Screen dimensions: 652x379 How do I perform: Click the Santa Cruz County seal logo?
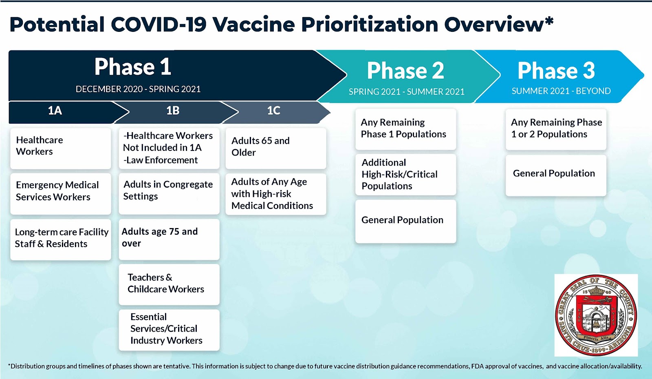coord(596,315)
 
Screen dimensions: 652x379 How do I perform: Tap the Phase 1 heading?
coord(133,67)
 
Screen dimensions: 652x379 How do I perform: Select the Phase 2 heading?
coord(405,71)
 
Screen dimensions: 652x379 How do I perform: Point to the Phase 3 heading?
coord(556,71)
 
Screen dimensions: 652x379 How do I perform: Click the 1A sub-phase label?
coord(55,111)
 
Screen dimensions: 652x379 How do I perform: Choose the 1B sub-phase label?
coord(173,111)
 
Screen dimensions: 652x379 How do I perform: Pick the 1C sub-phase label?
coord(273,111)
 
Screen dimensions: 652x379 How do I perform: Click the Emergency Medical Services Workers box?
coord(61,194)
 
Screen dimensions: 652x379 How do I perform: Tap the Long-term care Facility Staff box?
coord(61,239)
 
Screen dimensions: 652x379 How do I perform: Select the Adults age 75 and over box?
coord(169,239)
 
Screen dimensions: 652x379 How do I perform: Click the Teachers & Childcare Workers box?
coord(169,285)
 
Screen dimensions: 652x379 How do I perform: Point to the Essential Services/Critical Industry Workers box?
coord(169,330)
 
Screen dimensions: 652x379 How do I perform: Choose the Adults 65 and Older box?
coord(276,148)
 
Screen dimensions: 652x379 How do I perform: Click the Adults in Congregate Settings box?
coord(169,194)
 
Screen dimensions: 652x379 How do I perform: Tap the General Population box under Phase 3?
coord(556,175)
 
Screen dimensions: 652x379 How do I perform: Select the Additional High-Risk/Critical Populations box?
coord(406,175)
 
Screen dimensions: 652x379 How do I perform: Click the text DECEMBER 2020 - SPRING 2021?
coord(138,89)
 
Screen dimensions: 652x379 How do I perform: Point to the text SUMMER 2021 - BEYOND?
coord(561,91)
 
